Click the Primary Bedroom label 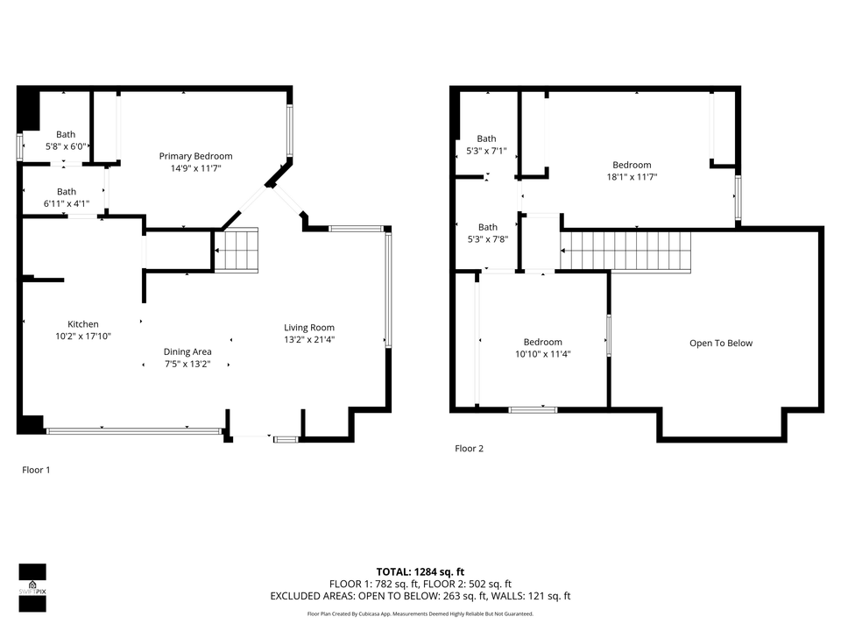click(195, 156)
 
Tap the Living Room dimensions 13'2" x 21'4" click(308, 340)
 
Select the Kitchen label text click(83, 324)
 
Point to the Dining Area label click(187, 351)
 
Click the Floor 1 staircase click(237, 250)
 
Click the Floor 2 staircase click(625, 251)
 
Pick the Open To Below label click(720, 344)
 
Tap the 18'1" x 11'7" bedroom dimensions click(632, 177)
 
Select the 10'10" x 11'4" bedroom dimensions click(542, 354)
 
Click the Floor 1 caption click(36, 470)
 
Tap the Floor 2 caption click(469, 449)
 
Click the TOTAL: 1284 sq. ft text click(420, 571)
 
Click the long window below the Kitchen click(134, 430)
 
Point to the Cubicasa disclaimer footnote click(420, 614)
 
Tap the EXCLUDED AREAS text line click(420, 596)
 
